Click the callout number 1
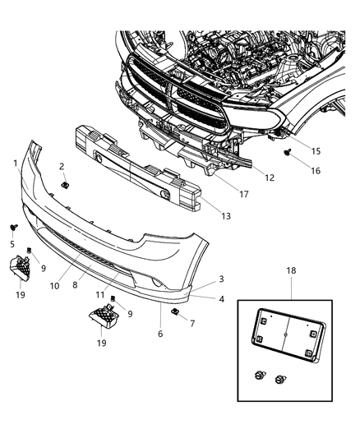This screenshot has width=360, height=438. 16,164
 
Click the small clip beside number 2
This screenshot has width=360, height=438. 67,185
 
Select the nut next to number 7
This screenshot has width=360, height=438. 174,313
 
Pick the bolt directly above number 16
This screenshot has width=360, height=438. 286,153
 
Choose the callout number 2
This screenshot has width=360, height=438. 62,167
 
